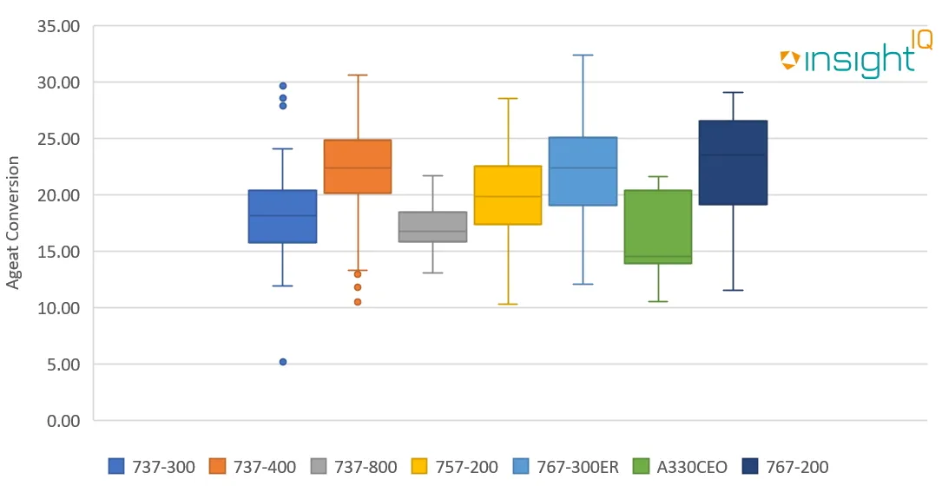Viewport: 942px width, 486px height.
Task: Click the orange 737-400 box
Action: pos(358,167)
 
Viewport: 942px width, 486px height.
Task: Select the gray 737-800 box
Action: pos(432,227)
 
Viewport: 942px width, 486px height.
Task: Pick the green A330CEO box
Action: pos(658,226)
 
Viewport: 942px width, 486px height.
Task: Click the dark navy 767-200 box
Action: pos(733,163)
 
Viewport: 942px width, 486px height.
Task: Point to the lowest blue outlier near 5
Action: pos(283,362)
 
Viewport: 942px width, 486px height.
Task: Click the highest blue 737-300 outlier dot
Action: pos(283,86)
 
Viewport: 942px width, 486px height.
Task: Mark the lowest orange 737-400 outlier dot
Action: pos(358,302)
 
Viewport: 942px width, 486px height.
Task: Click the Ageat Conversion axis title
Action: pos(13,222)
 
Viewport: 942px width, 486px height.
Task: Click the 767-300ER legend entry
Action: pos(569,467)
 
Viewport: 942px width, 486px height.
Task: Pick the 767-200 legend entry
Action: pos(791,467)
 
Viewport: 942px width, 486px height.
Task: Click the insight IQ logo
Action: pos(855,56)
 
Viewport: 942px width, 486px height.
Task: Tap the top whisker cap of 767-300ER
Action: pos(583,55)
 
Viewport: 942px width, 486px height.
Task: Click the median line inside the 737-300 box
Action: pos(283,215)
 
